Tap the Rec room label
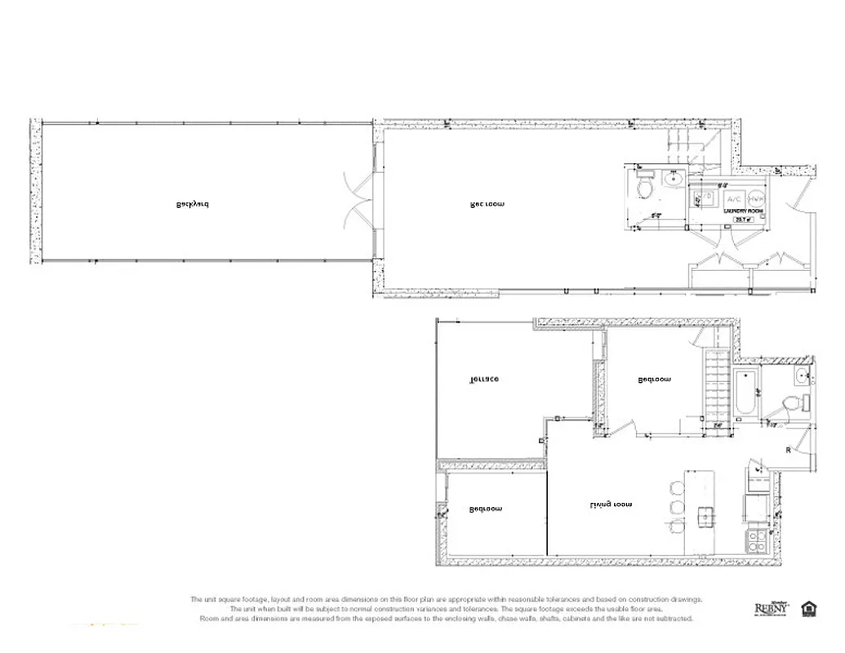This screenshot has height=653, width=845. coord(487,204)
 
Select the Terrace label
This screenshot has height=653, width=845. coord(483,379)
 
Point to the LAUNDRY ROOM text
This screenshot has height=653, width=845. coord(743,211)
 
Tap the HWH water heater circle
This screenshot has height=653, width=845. coord(756,198)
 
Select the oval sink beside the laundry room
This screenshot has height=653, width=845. coord(675,178)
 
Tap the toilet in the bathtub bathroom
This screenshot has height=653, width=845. coord(789,403)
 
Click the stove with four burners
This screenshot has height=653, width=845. coord(758,540)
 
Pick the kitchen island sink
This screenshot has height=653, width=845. coord(705,516)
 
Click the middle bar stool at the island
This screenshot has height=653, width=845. coord(678,507)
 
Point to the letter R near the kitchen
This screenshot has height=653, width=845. coord(788,451)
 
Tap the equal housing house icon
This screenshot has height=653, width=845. coord(809,608)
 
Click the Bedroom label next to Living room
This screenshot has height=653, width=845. coord(486,509)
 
